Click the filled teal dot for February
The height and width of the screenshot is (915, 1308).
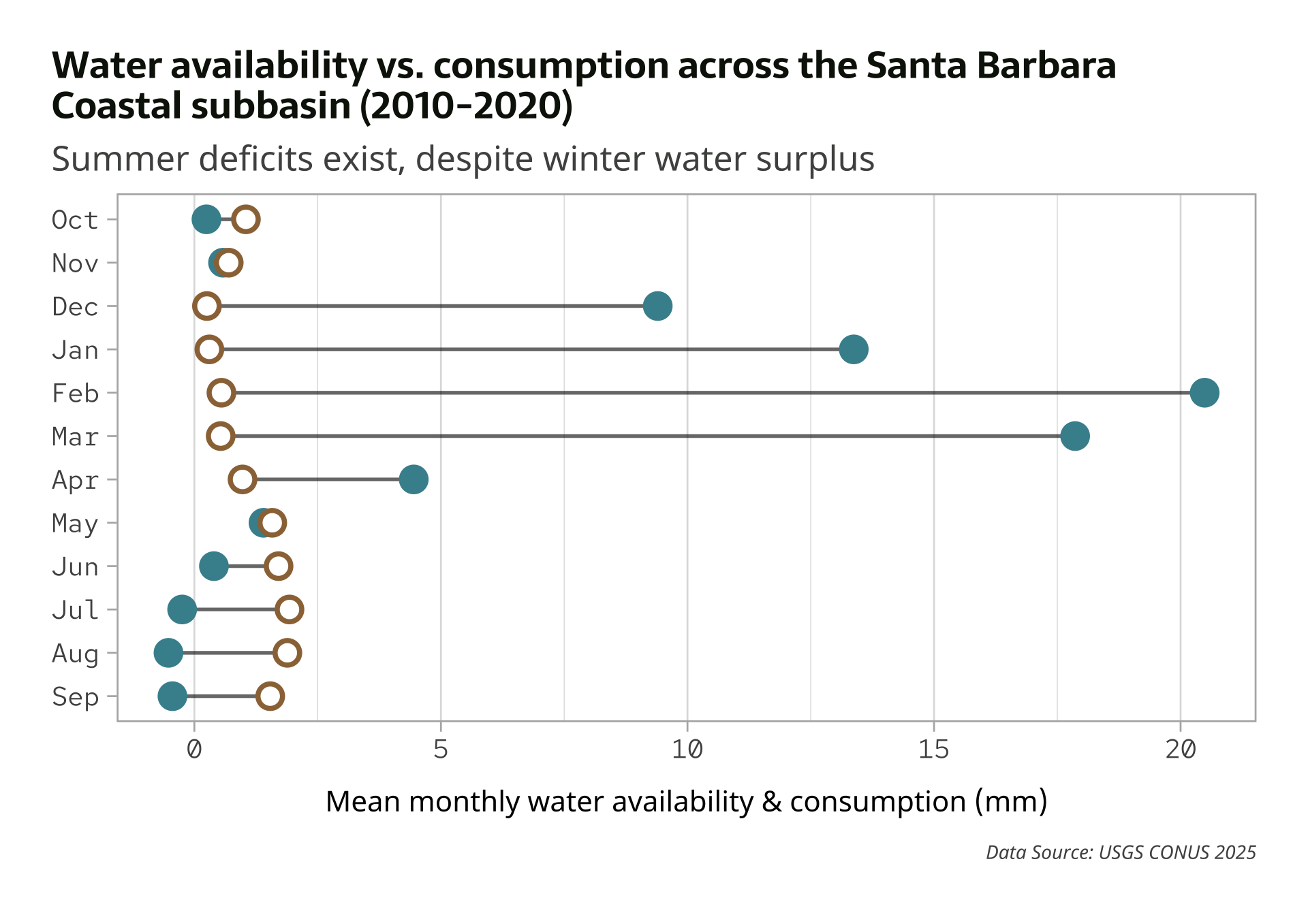1204,393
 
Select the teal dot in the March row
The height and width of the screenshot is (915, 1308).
1074,436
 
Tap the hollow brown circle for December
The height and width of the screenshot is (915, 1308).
206,306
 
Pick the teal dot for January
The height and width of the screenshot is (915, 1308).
853,349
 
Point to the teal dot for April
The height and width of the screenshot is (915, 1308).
414,479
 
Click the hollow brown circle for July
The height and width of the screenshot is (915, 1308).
290,609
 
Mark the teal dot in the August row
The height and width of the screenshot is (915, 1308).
168,653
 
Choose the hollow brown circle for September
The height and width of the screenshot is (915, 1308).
270,696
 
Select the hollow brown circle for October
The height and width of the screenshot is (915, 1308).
245,219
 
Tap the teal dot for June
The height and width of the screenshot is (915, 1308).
214,566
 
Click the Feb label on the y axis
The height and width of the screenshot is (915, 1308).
75,394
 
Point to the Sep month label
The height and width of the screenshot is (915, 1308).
75,697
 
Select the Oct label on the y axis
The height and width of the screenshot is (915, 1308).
75,220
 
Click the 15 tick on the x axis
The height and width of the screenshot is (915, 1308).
933,750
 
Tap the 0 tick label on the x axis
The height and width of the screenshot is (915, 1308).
194,750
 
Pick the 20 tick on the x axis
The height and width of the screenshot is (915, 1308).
1180,750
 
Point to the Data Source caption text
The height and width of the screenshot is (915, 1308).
1121,852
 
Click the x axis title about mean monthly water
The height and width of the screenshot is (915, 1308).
686,801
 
